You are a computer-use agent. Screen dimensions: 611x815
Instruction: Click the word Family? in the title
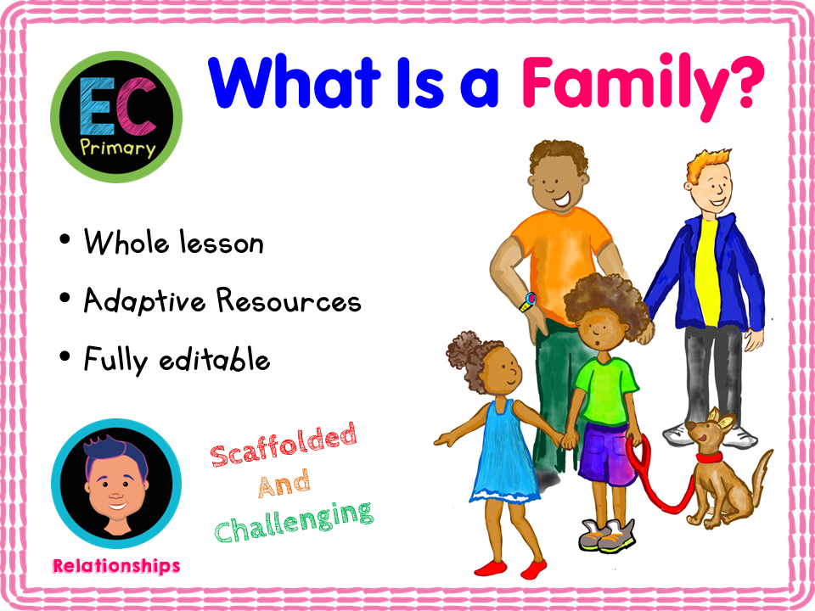[x=643, y=83]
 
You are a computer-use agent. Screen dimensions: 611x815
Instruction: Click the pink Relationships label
[x=115, y=565]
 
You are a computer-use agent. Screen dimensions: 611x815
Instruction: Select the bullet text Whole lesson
[x=173, y=244]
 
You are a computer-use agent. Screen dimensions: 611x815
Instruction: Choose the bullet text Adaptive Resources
[x=222, y=301]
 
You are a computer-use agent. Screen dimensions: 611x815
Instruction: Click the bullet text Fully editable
[x=177, y=360]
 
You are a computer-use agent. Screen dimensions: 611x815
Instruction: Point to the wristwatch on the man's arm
[x=531, y=300]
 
